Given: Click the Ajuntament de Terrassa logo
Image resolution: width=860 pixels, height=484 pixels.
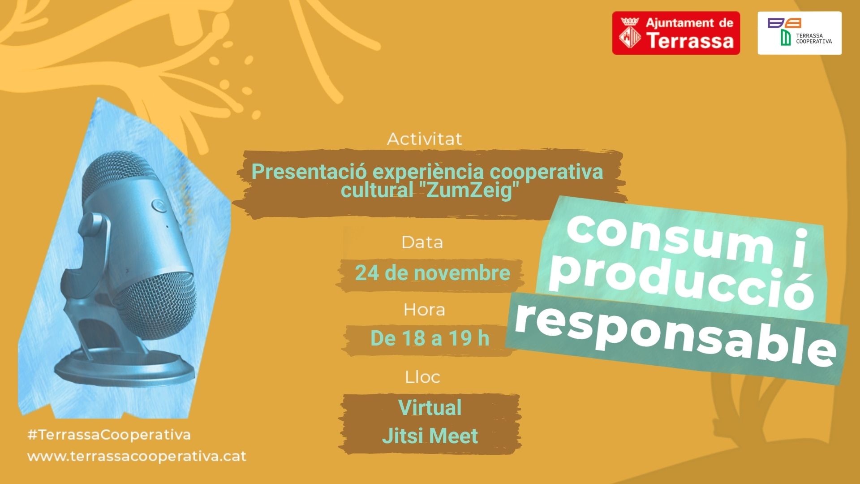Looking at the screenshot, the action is (x=676, y=33).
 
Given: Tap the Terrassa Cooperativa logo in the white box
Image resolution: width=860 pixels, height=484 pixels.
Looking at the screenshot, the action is (x=800, y=33).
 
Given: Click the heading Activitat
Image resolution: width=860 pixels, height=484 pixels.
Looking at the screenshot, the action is (x=425, y=139).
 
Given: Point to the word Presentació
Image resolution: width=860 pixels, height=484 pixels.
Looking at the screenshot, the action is (x=310, y=172).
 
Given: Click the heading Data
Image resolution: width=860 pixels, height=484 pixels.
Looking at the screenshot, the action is (x=422, y=242).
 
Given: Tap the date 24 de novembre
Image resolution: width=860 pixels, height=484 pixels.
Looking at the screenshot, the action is (x=433, y=273).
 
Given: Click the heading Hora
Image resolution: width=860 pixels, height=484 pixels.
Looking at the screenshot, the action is (x=424, y=310).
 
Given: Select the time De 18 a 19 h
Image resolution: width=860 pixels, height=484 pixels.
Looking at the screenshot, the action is (x=430, y=338).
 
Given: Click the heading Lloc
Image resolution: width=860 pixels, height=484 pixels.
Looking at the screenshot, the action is (x=422, y=377).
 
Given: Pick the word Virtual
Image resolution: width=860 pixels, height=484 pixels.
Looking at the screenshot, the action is (x=430, y=407).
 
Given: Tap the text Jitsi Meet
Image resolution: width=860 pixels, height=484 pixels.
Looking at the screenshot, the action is (x=430, y=436).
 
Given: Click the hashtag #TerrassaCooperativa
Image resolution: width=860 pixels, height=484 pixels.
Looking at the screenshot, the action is (x=109, y=435).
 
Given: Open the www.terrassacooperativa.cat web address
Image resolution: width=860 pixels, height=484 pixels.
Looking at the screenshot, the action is (x=137, y=456).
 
